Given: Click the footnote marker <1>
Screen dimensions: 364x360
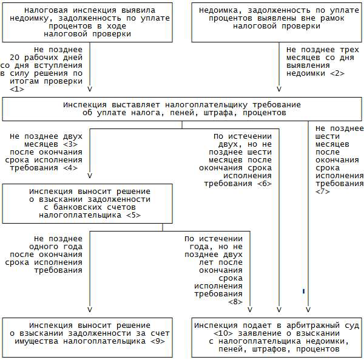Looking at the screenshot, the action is point(17,89).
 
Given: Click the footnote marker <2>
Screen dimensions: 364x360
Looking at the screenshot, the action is point(337,73).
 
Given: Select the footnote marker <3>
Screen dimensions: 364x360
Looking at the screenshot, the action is point(70,144).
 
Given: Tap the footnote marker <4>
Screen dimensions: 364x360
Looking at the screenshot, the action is point(70,168).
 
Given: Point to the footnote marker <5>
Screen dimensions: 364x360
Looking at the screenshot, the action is point(133,215).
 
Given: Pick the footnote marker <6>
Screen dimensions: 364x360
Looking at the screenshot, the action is point(265,184).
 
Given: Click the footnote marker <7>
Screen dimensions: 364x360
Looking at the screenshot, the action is point(323,192).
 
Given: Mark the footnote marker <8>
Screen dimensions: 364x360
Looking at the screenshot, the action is point(235,302).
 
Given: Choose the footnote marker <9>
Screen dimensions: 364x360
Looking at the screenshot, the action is point(158,341).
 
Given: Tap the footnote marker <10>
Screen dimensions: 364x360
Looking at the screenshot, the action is point(223,333).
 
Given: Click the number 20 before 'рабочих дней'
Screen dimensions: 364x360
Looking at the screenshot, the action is point(15,58).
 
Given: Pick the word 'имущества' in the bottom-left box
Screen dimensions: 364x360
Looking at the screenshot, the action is point(36,341).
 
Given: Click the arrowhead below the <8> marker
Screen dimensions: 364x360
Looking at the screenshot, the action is point(250,310).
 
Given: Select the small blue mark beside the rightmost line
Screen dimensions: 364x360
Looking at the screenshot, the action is point(303,291).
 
